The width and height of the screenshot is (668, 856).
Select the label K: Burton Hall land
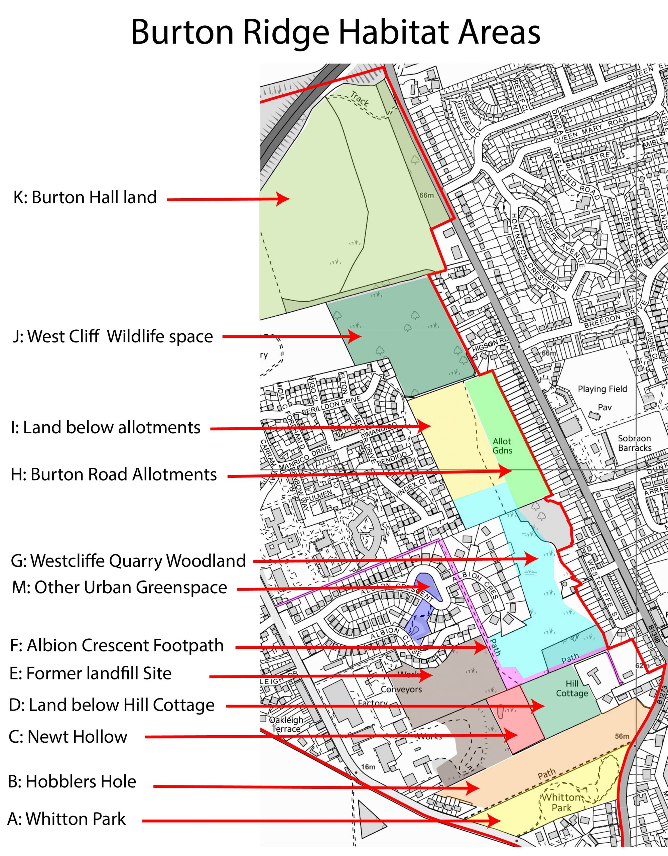[x=85, y=197]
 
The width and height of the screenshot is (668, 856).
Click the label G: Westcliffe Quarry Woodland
[x=128, y=561]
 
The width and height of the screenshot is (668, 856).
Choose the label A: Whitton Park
[x=66, y=819]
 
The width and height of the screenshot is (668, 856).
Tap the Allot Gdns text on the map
[x=502, y=446]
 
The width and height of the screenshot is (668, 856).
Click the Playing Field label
[x=602, y=389]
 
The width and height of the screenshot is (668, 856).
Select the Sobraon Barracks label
[x=634, y=443]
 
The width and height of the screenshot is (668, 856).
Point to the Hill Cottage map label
[x=572, y=688]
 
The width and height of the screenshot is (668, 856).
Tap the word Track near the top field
[x=360, y=99]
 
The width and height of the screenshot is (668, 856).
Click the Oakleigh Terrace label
[x=286, y=724]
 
